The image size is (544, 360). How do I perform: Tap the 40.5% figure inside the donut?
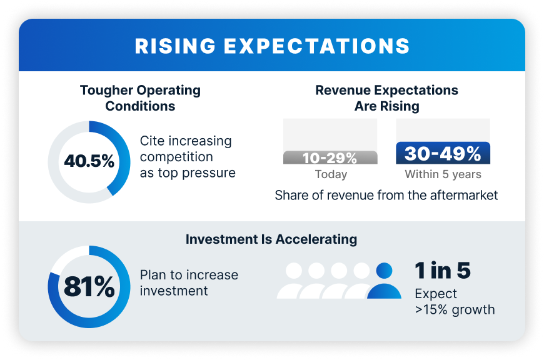click(x=89, y=161)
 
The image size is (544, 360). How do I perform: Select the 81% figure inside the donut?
click(x=89, y=287)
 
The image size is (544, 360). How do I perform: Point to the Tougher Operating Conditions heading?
click(x=140, y=98)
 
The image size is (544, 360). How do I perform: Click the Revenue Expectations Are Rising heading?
click(x=386, y=98)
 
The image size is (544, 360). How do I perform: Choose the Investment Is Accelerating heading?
click(x=271, y=239)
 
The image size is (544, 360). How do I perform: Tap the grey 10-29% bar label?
click(x=330, y=157)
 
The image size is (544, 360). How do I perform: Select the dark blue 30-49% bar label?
click(x=443, y=154)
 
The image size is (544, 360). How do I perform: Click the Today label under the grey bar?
click(x=331, y=174)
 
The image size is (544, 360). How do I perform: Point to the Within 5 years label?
click(x=443, y=174)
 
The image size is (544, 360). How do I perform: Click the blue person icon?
click(x=384, y=281)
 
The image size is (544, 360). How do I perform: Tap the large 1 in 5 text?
click(x=442, y=270)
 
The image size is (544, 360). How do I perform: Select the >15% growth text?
click(x=455, y=309)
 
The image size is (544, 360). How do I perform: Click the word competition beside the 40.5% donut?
click(x=176, y=157)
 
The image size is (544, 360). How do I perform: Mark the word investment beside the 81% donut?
click(x=174, y=291)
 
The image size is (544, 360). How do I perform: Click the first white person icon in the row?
click(x=294, y=281)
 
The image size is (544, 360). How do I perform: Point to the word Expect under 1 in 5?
click(x=436, y=294)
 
